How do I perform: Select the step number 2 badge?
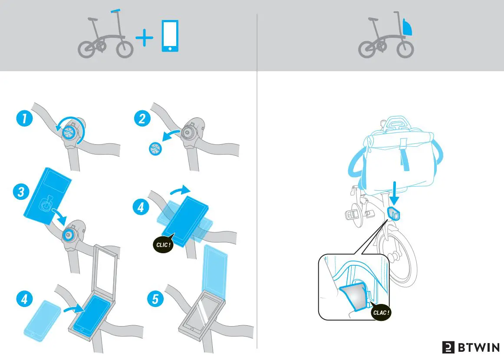[142, 118]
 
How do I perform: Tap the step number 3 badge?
[21, 192]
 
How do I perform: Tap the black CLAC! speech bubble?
[381, 312]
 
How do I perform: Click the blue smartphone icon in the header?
[170, 36]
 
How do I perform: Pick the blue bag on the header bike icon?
[407, 27]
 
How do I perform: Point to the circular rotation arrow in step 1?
[70, 123]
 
